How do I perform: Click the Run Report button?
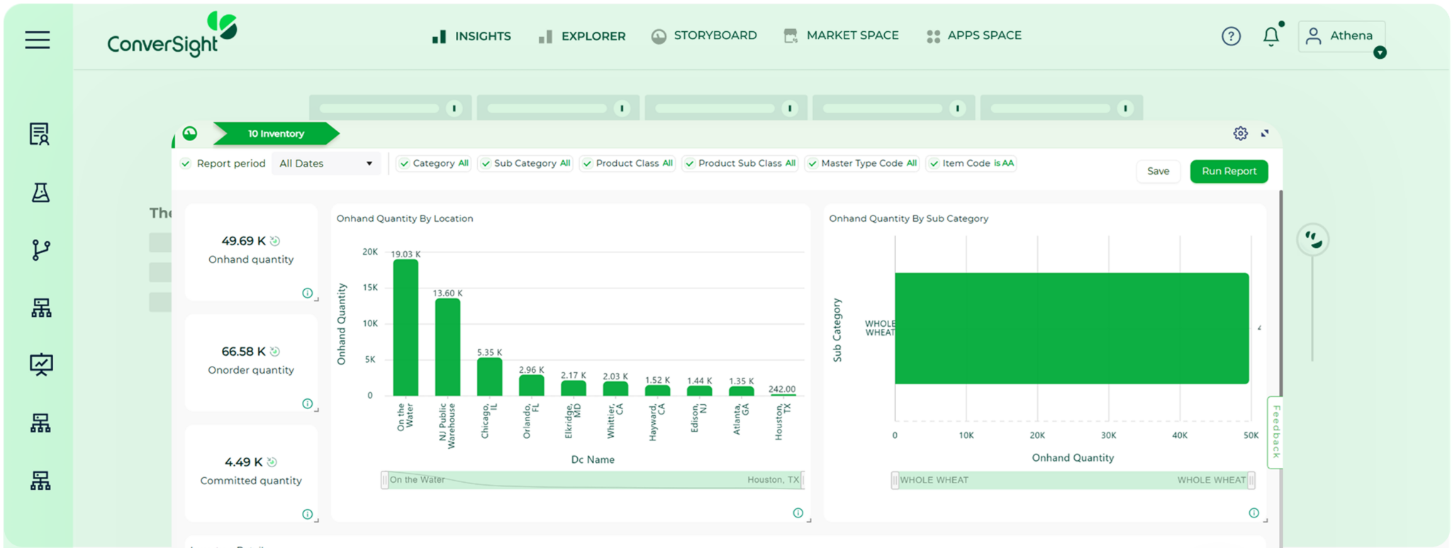tap(1229, 172)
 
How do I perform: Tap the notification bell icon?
tap(1271, 36)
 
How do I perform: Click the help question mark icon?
tap(1231, 36)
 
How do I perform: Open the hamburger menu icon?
tap(38, 40)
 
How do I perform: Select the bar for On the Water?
tap(406, 328)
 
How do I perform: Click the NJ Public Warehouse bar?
tap(447, 347)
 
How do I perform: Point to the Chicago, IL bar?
tap(489, 376)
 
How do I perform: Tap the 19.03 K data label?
tap(406, 254)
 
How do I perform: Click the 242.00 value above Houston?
tap(782, 389)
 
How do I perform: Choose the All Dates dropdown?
tap(325, 164)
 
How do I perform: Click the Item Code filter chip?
tap(971, 164)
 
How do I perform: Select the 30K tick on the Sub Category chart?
tap(1108, 435)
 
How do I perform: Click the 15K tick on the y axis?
tap(370, 288)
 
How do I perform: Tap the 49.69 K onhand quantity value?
tap(243, 241)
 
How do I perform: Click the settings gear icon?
tap(1240, 133)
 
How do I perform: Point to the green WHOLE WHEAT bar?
tap(1071, 328)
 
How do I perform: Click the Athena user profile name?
tap(1351, 35)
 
